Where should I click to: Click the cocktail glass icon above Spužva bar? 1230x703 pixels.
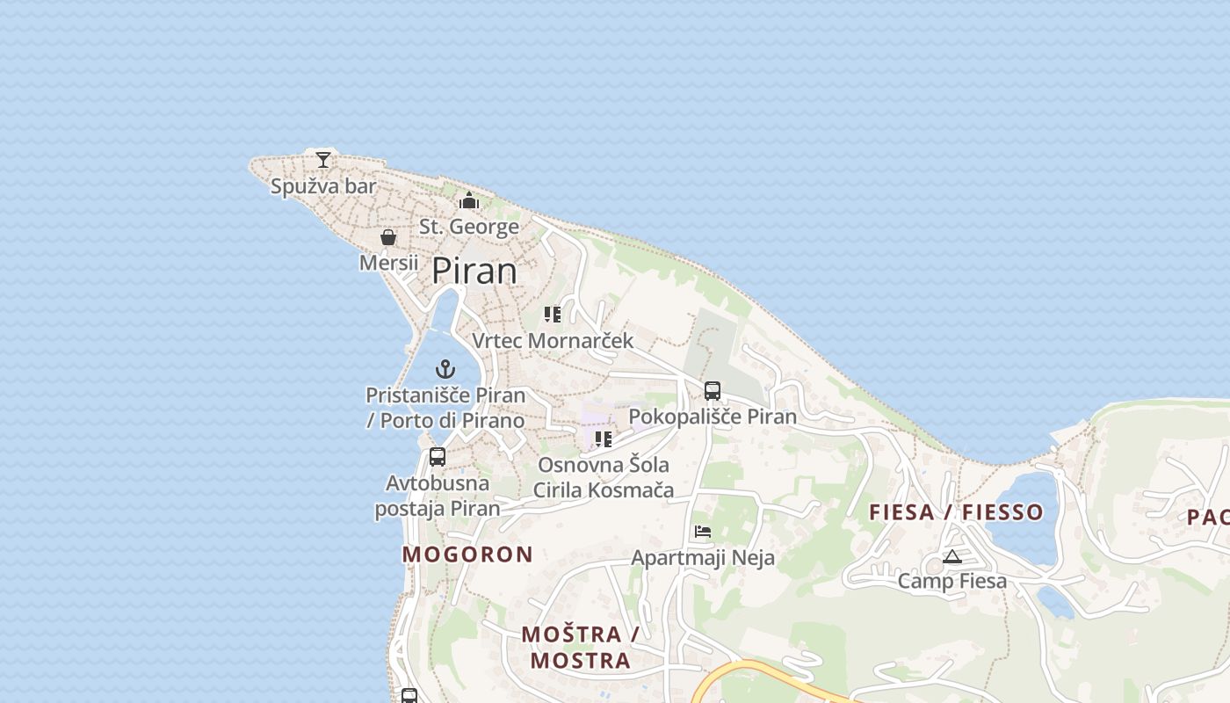pyautogui.click(x=323, y=159)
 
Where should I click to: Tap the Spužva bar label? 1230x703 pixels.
pyautogui.click(x=323, y=186)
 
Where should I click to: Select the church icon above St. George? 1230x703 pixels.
pyautogui.click(x=469, y=201)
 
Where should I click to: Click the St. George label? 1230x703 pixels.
pyautogui.click(x=469, y=227)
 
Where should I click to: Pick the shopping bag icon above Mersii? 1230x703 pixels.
pyautogui.click(x=388, y=237)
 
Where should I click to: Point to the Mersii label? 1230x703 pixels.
pyautogui.click(x=388, y=263)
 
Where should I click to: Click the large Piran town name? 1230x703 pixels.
pyautogui.click(x=474, y=271)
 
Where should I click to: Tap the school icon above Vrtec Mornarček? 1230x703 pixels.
pyautogui.click(x=553, y=315)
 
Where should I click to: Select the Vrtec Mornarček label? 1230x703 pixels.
pyautogui.click(x=553, y=341)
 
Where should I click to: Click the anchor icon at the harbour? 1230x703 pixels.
pyautogui.click(x=445, y=369)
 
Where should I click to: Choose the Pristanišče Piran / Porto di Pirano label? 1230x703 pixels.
pyautogui.click(x=445, y=408)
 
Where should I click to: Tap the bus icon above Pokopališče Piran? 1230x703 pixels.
pyautogui.click(x=713, y=391)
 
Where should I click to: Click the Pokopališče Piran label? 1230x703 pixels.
pyautogui.click(x=713, y=417)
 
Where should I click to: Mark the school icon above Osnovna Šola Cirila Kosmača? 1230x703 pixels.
pyautogui.click(x=604, y=438)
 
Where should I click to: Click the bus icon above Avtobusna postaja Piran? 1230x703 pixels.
pyautogui.click(x=438, y=457)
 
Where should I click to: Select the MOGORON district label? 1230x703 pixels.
pyautogui.click(x=467, y=554)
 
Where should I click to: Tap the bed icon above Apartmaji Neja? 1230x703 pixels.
pyautogui.click(x=703, y=532)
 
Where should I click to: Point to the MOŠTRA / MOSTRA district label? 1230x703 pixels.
pyautogui.click(x=580, y=648)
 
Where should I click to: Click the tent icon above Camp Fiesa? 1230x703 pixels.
pyautogui.click(x=951, y=556)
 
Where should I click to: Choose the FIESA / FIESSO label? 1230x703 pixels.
pyautogui.click(x=956, y=512)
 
